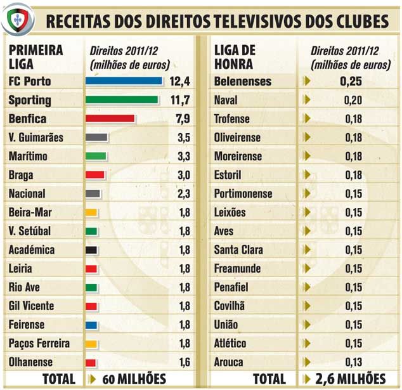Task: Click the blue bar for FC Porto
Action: tap(124, 81)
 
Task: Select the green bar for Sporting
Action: tap(122, 100)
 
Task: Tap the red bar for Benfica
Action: tap(110, 119)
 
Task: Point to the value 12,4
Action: tap(181, 81)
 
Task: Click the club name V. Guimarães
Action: tap(36, 138)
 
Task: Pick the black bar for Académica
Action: tap(91, 250)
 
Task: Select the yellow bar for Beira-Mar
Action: tap(91, 212)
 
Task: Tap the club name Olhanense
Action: tap(31, 362)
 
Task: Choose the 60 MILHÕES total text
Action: tap(133, 380)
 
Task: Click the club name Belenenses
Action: tap(243, 81)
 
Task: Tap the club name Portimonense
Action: tap(243, 194)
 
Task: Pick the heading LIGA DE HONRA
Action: tap(235, 56)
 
